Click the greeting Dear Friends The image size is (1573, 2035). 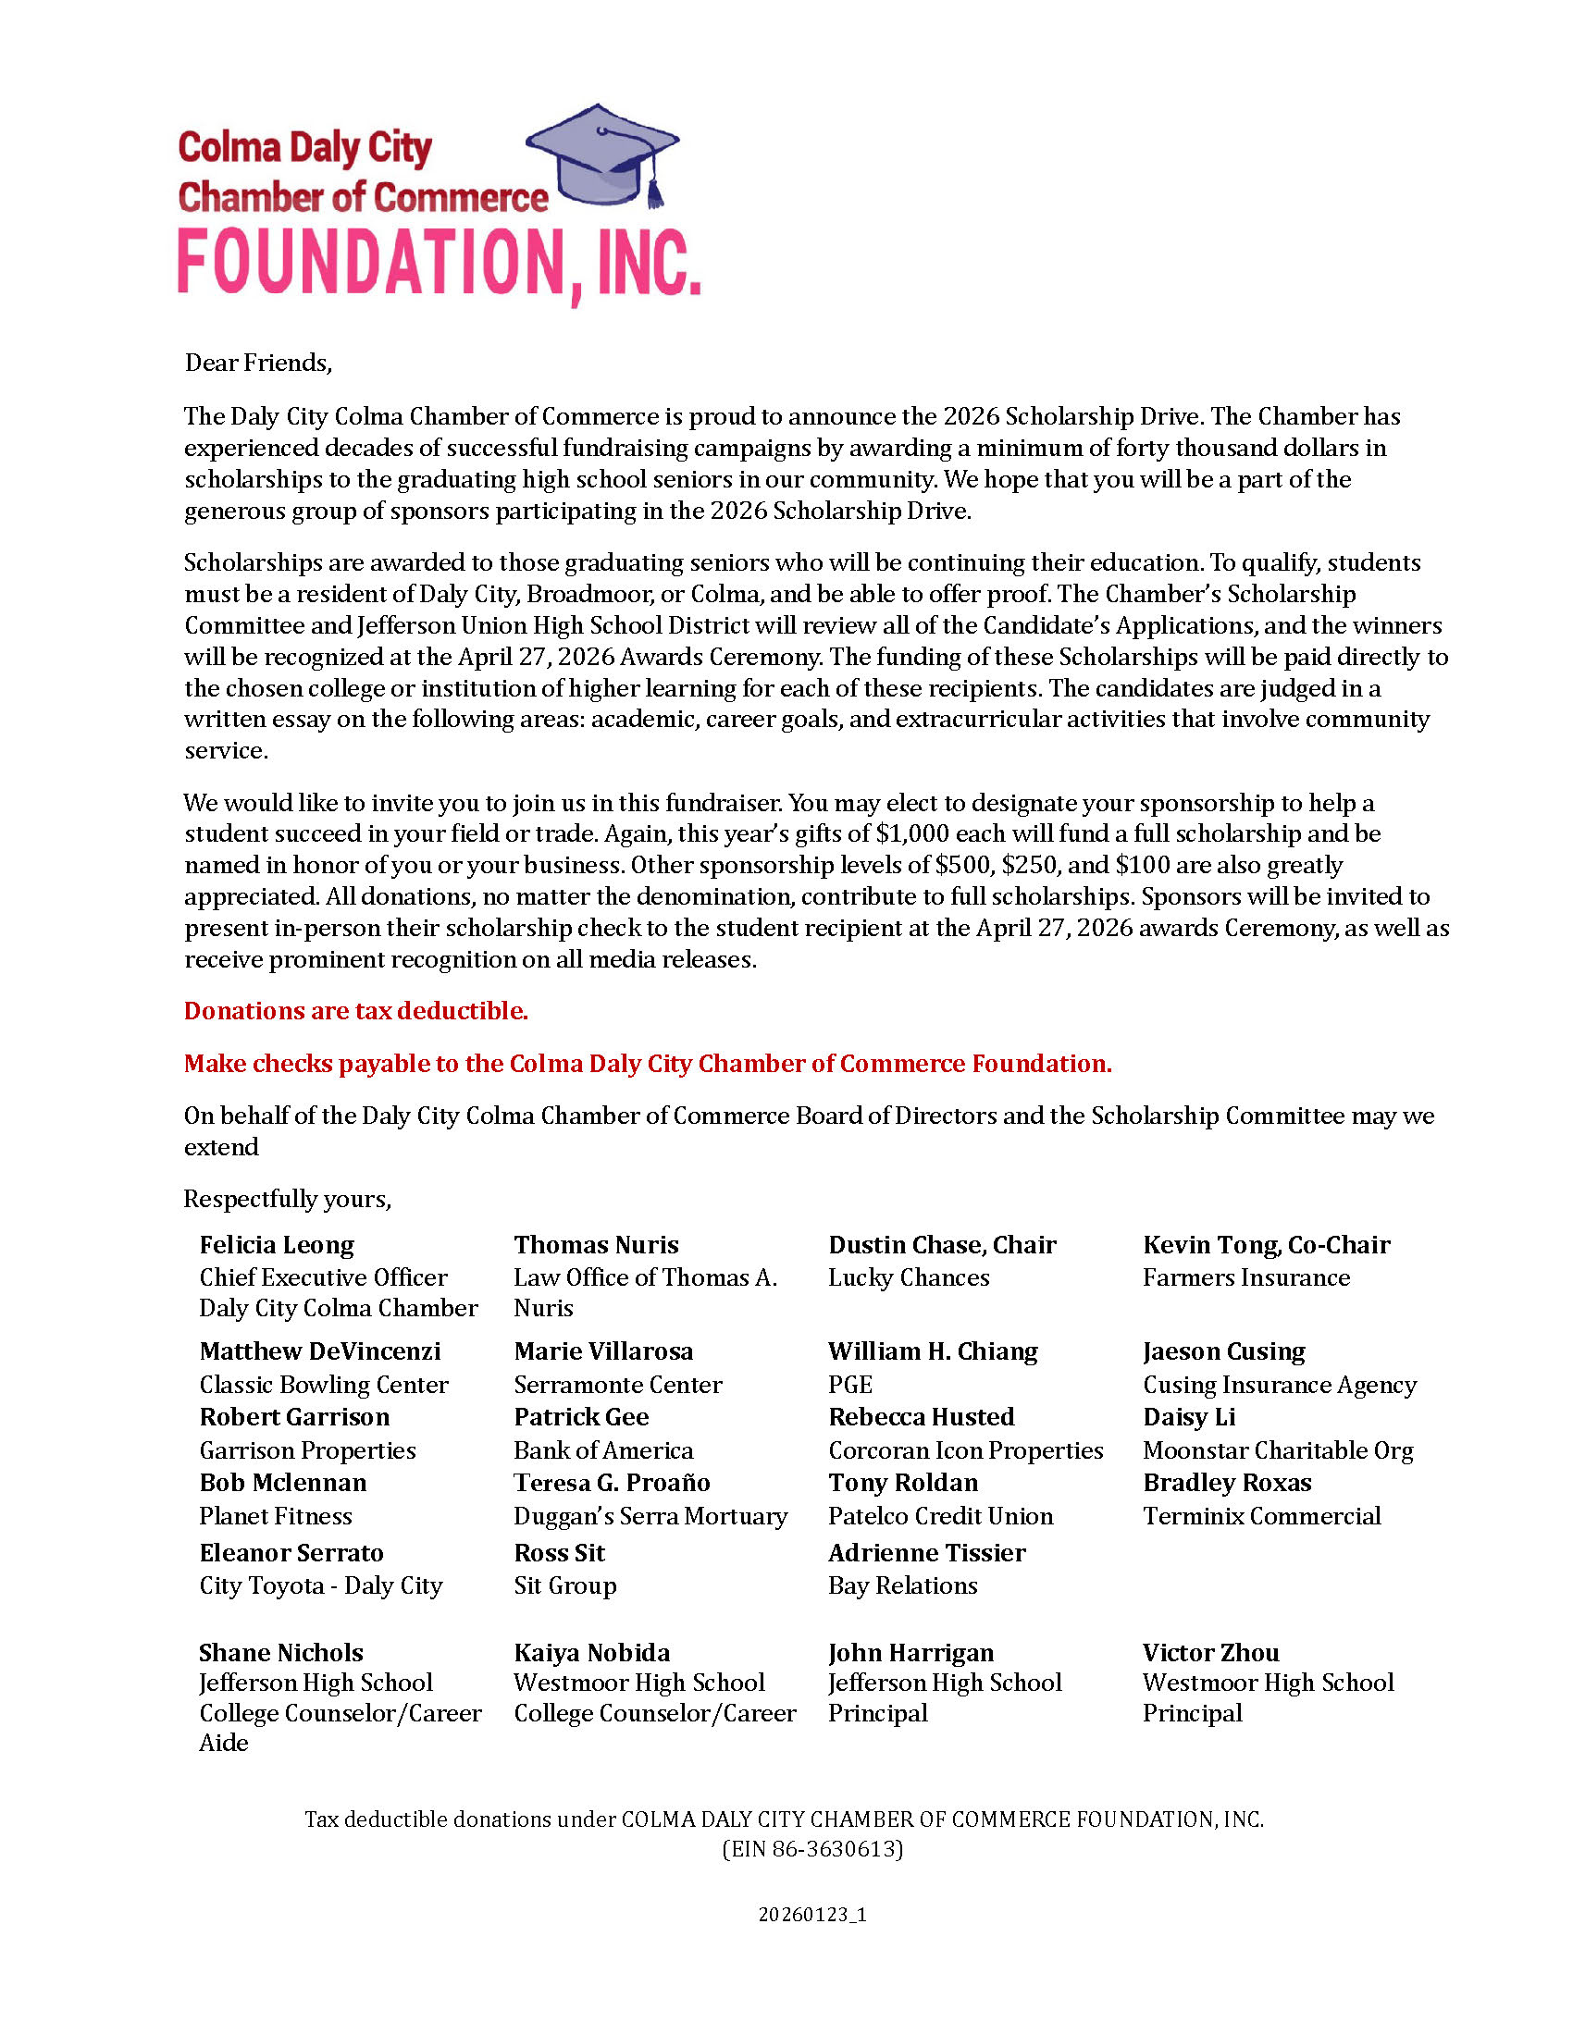click(x=258, y=363)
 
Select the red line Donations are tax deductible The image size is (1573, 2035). click(x=356, y=1011)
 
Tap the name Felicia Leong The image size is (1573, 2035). click(x=277, y=1245)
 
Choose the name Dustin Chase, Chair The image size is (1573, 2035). click(x=942, y=1245)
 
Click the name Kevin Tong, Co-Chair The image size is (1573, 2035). click(x=1267, y=1245)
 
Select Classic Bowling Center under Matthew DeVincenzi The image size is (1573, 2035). click(x=323, y=1385)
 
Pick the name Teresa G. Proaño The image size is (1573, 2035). click(x=612, y=1483)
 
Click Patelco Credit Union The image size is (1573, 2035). click(x=940, y=1516)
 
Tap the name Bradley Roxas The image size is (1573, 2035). click(x=1227, y=1483)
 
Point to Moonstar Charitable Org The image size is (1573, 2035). click(x=1278, y=1450)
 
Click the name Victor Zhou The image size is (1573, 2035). click(x=1210, y=1653)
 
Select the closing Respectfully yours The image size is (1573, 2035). click(x=287, y=1199)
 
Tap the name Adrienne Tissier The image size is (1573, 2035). click(x=926, y=1552)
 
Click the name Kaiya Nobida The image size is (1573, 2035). click(x=592, y=1653)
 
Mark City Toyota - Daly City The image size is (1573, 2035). click(x=320, y=1585)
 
